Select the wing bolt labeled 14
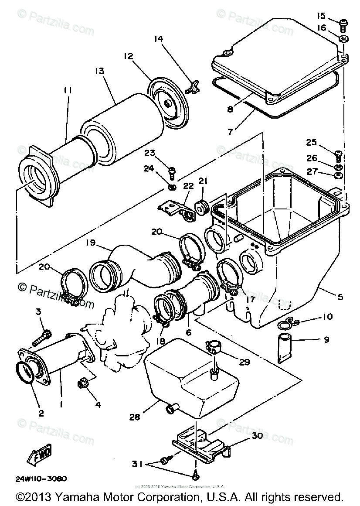191,89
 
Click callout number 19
90,243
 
